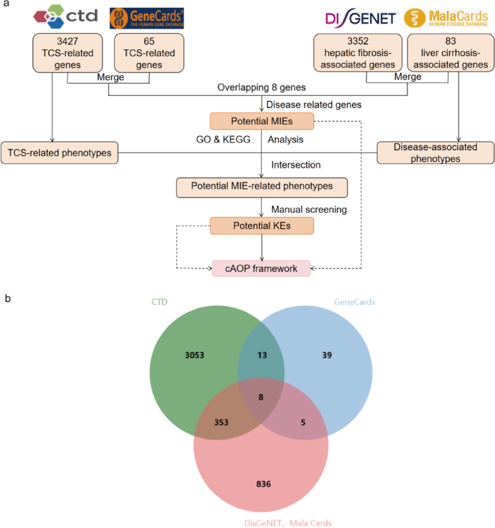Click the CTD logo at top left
[65, 16]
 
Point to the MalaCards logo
[445, 17]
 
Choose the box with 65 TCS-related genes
[149, 53]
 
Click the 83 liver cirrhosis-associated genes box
[448, 53]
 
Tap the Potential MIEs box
[262, 121]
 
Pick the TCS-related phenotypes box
[59, 152]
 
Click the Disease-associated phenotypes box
[435, 153]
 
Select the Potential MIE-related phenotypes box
[262, 187]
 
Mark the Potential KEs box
[262, 225]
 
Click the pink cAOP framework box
[261, 268]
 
